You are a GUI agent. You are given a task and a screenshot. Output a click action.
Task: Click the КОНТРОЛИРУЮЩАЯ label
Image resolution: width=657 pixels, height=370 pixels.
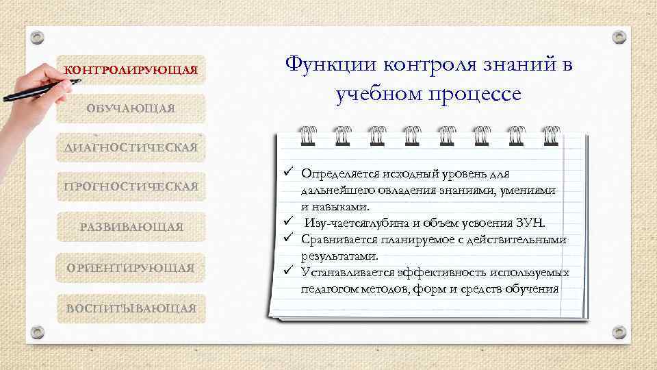point(131,70)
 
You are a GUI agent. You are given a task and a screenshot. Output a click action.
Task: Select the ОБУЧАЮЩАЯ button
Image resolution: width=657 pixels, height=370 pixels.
point(131,108)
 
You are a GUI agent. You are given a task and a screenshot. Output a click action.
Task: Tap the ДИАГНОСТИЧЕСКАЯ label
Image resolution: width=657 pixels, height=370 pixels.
point(131,147)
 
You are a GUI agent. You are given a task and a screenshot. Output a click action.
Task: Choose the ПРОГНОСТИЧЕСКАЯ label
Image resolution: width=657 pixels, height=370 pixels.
point(131,186)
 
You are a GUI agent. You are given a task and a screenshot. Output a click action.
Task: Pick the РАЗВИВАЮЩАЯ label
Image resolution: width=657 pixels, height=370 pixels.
point(131,227)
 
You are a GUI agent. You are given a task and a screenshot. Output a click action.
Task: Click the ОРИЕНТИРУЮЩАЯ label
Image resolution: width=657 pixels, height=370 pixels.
point(131,267)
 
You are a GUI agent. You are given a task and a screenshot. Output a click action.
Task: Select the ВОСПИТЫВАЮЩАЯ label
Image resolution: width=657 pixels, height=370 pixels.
point(131,308)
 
